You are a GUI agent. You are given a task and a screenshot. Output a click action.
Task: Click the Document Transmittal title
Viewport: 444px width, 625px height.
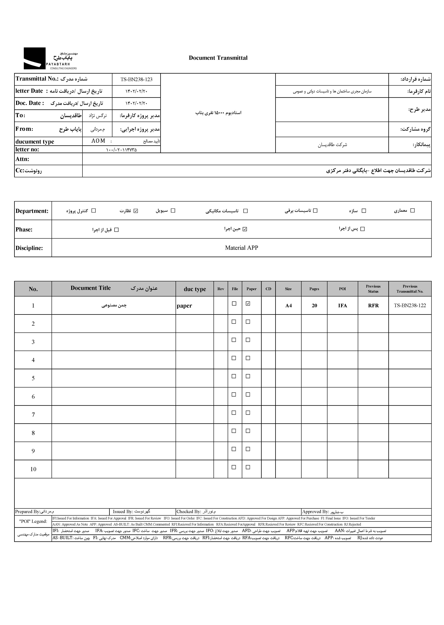click(x=218, y=58)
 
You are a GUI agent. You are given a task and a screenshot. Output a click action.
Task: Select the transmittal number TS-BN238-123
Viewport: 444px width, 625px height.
click(x=136, y=80)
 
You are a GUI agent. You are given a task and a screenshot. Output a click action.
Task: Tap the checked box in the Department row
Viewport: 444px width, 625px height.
click(x=136, y=211)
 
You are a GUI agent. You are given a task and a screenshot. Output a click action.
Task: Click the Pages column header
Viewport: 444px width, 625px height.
click(x=314, y=289)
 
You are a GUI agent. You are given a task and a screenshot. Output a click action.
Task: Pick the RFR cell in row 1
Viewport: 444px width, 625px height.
click(x=373, y=306)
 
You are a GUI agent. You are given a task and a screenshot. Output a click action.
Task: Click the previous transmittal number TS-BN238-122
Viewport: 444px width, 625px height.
click(x=410, y=306)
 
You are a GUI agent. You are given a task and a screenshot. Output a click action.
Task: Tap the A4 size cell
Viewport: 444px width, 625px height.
click(x=288, y=306)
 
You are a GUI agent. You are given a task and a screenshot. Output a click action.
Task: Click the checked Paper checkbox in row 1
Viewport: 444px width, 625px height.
click(x=248, y=303)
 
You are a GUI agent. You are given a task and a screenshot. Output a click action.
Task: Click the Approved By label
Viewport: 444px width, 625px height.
click(x=315, y=512)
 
